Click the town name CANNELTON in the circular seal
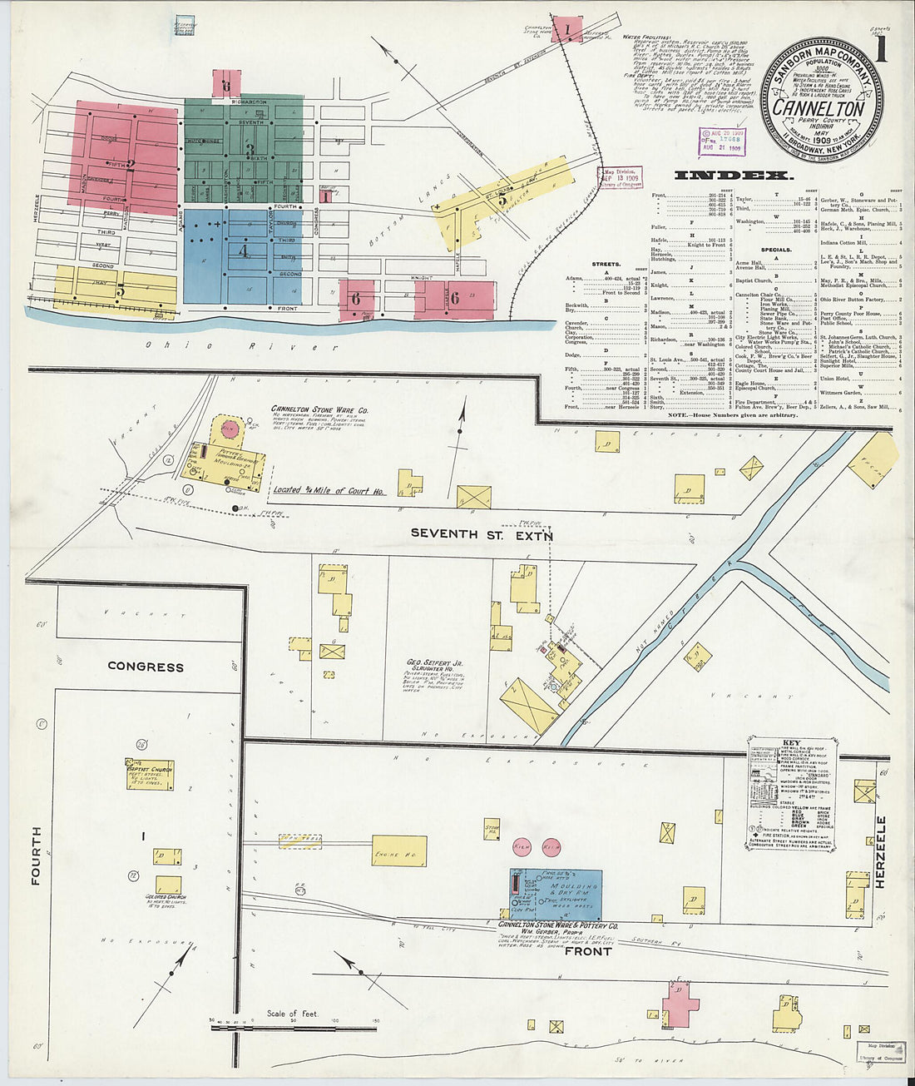[819, 108]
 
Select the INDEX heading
[734, 176]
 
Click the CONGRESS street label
[146, 667]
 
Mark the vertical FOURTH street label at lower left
[36, 855]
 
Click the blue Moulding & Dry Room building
[556, 895]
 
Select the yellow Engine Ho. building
[398, 851]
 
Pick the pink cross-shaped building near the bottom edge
[680, 1001]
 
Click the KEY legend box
[791, 792]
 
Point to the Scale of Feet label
[292, 1014]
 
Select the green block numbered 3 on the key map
[244, 150]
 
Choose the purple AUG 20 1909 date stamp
[721, 141]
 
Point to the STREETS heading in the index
[606, 264]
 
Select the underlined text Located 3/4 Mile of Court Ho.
[329, 491]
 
